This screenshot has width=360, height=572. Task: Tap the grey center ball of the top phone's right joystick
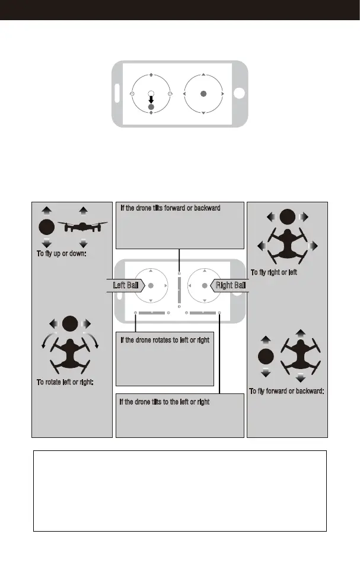(x=203, y=94)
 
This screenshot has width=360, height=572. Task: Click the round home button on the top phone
(x=239, y=94)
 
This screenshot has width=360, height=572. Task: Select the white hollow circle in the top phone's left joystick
(x=151, y=93)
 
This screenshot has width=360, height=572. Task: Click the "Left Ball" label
(x=126, y=285)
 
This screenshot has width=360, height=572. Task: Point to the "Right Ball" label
(x=230, y=285)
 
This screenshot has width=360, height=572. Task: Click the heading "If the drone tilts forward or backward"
(x=170, y=208)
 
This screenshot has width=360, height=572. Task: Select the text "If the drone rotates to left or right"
(x=165, y=340)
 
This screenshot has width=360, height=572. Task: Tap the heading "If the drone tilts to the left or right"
(x=164, y=402)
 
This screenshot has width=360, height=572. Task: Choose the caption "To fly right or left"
(x=273, y=272)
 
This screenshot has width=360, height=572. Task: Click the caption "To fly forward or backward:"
(x=286, y=391)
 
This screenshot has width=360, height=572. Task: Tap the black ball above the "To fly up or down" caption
(x=46, y=227)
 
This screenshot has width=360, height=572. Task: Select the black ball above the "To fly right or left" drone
(x=287, y=217)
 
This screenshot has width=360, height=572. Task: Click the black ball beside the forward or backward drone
(x=266, y=356)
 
